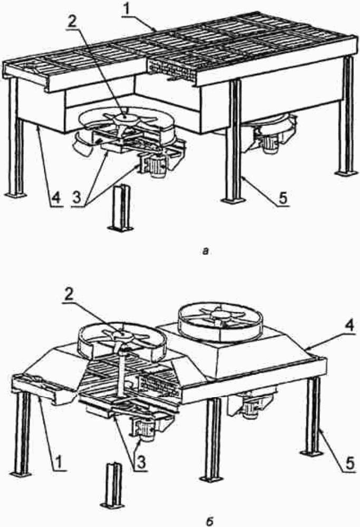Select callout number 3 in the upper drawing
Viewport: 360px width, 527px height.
click(x=77, y=198)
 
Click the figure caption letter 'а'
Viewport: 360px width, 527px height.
click(x=206, y=251)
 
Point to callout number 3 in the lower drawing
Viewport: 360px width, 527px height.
click(x=141, y=463)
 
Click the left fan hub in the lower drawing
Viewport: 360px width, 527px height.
click(x=120, y=334)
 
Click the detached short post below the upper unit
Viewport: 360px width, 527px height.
click(x=121, y=208)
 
